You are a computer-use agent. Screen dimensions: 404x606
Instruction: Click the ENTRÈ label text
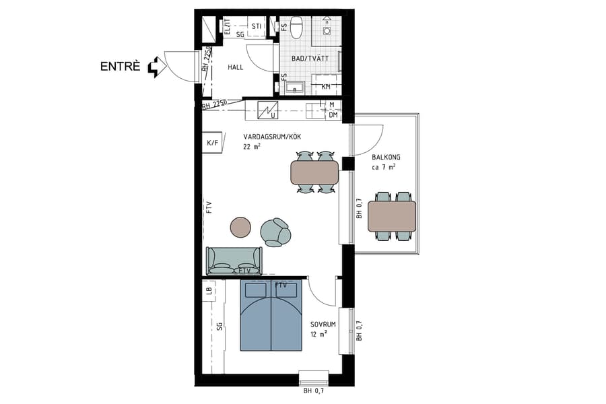click(121, 66)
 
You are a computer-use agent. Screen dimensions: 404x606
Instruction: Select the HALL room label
click(236, 67)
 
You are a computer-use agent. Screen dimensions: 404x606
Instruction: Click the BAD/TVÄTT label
click(310, 59)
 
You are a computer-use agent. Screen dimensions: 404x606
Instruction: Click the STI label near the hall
click(256, 27)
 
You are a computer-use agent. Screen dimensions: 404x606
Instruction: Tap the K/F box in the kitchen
click(213, 143)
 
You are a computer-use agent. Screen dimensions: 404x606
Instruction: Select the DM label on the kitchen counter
click(333, 115)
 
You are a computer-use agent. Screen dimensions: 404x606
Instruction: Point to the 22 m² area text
click(252, 146)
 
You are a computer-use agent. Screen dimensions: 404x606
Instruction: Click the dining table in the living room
click(314, 172)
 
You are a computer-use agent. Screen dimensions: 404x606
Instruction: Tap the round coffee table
click(240, 227)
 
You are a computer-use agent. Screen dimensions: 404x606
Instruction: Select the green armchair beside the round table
click(276, 232)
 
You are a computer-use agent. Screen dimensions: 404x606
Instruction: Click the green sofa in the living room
click(234, 261)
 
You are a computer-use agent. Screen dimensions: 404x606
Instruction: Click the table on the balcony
click(392, 216)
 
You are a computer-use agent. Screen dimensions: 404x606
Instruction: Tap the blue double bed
click(271, 316)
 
